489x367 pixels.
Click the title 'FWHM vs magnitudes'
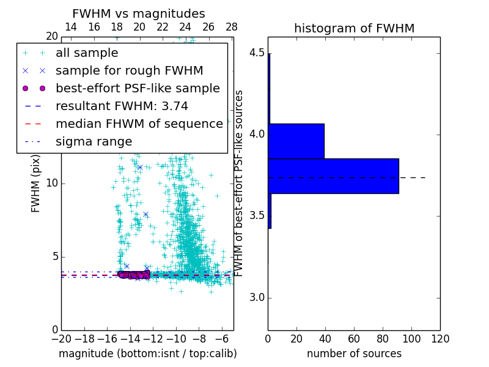coord(138,14)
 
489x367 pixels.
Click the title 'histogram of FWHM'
coord(354,28)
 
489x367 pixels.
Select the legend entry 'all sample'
coord(87,53)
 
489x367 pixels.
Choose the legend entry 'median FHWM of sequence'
coord(139,124)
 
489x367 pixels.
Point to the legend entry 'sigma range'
coord(94,141)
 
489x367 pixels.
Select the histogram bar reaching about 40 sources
coord(296,141)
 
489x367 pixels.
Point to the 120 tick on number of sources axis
coord(440,338)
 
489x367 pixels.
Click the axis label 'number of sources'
coord(354,354)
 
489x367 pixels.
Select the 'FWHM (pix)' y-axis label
coord(36,183)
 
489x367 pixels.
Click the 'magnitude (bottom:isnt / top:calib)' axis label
coord(147,354)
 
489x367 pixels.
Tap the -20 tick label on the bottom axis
coord(61,338)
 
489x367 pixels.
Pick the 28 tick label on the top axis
coord(232,27)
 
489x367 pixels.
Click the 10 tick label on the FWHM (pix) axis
coord(51,183)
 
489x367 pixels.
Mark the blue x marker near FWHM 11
coord(140,167)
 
